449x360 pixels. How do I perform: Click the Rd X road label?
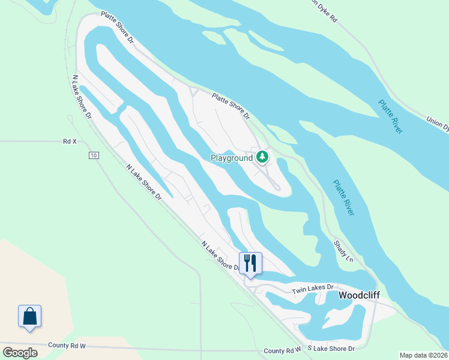70,142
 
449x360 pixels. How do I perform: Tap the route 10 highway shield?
93,156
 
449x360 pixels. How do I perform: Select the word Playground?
231,158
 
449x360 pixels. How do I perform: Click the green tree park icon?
262,157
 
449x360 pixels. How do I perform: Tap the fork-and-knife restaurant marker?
250,263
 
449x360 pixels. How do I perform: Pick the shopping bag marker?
29,316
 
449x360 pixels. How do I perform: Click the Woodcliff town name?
360,296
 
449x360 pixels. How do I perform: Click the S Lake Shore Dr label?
331,348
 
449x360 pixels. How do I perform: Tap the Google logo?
20,353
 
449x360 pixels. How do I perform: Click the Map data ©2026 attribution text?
423,355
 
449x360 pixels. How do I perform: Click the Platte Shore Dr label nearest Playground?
231,105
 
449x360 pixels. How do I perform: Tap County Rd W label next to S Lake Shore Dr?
282,350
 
